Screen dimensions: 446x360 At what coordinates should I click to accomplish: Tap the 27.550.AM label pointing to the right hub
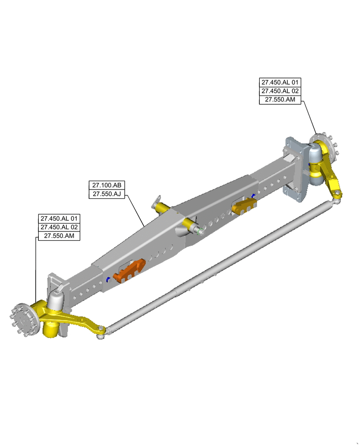click(x=280, y=99)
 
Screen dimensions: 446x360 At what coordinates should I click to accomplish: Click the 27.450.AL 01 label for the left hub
click(x=59, y=219)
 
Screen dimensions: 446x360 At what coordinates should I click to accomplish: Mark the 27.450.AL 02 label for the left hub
click(x=59, y=227)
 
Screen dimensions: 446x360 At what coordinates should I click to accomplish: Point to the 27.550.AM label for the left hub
click(x=59, y=236)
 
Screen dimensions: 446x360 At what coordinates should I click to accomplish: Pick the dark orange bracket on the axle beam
click(x=130, y=271)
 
